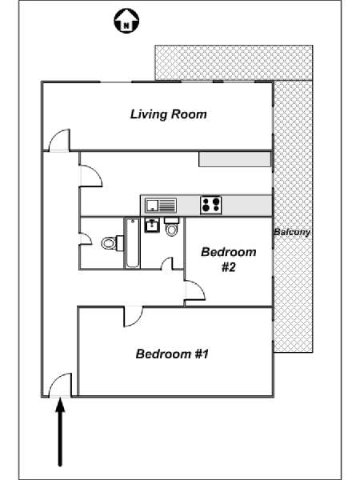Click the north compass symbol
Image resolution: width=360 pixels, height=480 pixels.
point(126,21)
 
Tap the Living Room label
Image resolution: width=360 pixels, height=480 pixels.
point(168,114)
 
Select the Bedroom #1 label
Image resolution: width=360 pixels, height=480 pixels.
point(172,354)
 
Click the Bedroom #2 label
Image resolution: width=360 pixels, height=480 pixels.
point(229,259)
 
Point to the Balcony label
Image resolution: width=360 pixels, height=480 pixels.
point(292,232)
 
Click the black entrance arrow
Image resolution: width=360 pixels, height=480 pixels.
point(60,432)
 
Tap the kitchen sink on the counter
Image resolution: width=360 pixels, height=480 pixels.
point(161,205)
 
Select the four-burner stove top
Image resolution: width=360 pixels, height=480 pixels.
point(211,205)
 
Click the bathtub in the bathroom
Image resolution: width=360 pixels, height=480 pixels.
point(132,242)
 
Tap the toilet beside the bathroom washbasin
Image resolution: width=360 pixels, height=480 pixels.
point(172,227)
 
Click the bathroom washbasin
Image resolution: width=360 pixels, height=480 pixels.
point(152,225)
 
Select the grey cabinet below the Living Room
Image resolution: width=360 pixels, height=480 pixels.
point(234,159)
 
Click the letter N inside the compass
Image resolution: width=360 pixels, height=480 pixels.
point(126,26)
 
